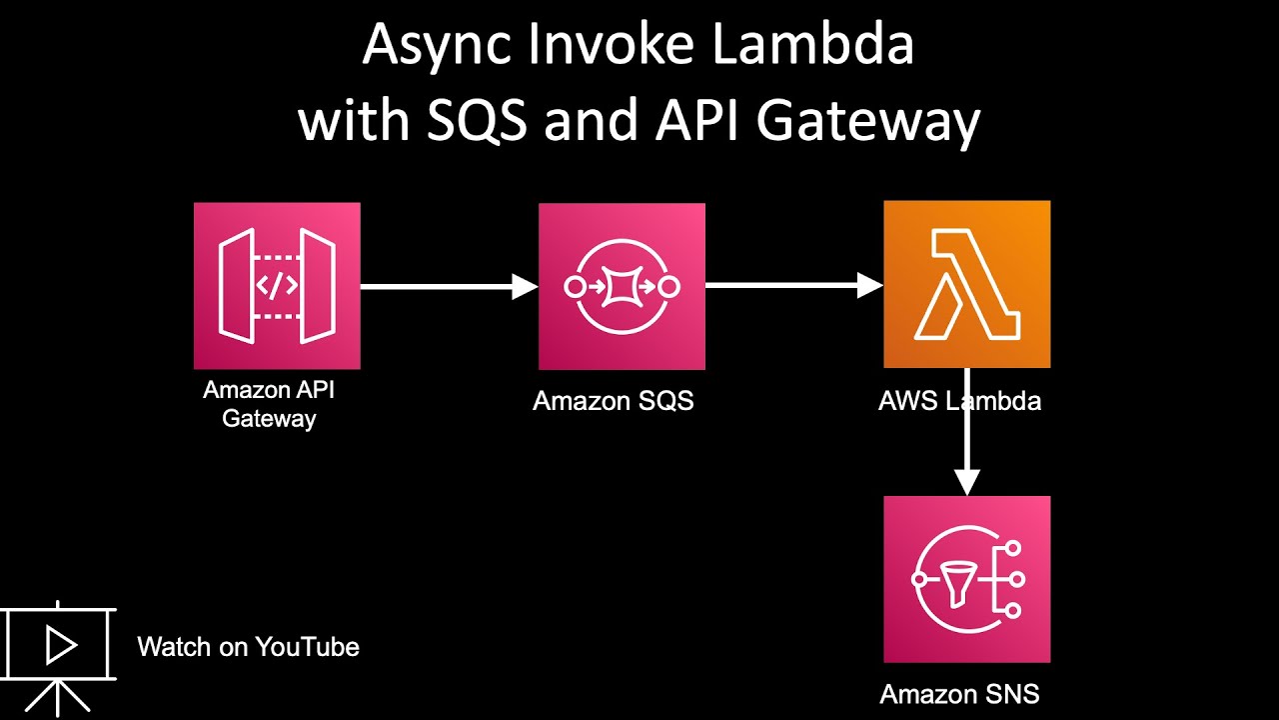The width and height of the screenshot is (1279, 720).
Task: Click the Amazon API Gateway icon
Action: (277, 286)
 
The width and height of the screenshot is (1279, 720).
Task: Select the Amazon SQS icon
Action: (622, 287)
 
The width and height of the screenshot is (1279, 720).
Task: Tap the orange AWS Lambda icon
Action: (966, 284)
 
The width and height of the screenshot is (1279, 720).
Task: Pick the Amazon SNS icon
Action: (966, 579)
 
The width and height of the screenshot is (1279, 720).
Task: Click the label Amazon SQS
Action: (613, 401)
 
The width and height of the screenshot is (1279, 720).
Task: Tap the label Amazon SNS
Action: (959, 694)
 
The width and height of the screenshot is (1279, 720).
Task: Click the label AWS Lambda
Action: (959, 401)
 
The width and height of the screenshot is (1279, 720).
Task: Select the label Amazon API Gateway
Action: (269, 404)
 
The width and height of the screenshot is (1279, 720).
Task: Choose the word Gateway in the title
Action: (867, 122)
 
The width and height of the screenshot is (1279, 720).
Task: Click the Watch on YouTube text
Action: (248, 647)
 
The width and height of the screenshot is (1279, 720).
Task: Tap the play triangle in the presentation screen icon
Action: (60, 646)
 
